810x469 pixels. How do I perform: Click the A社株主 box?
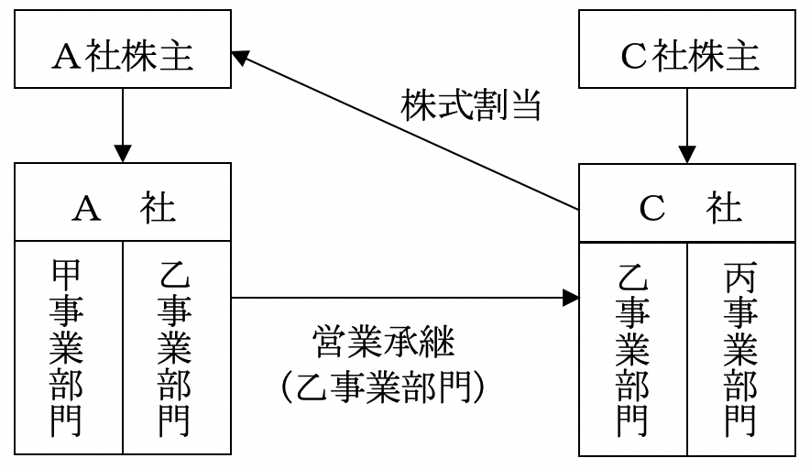coord(124,58)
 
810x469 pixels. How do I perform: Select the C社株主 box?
coord(687,58)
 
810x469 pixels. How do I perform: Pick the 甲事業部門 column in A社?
coord(69,348)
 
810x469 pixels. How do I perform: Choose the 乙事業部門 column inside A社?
coord(175,348)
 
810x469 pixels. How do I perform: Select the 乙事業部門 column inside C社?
coord(633,348)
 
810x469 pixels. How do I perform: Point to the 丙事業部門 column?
coord(740,348)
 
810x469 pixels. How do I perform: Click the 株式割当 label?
coord(473,106)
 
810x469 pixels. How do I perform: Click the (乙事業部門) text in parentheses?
coord(382,387)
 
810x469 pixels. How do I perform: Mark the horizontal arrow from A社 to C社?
coord(403,298)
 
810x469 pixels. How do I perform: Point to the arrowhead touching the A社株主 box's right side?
coord(240,57)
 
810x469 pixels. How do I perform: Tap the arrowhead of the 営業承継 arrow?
coord(572,298)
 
